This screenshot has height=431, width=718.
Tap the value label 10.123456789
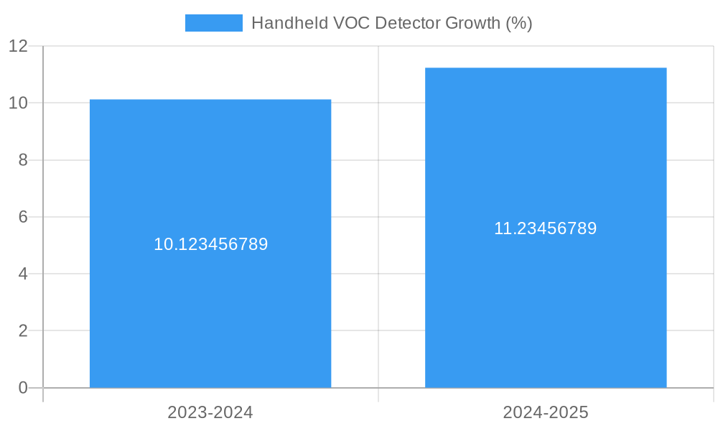pos(210,244)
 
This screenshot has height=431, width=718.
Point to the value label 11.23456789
pos(546,228)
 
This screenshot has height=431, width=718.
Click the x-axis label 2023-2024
pos(210,412)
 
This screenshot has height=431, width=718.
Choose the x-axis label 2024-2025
pos(546,412)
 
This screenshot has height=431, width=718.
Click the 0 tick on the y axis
pos(23,388)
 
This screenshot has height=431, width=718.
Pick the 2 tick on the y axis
pos(23,331)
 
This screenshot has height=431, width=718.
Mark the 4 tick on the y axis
pos(23,274)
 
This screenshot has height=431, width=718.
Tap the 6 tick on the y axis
pos(23,217)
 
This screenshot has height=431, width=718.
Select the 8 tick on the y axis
pos(23,160)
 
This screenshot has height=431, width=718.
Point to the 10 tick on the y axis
pos(19,103)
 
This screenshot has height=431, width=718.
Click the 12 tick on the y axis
pos(19,46)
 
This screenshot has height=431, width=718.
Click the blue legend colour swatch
pos(213,23)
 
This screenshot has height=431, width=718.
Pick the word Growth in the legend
pos(472,23)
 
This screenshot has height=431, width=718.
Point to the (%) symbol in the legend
pos(518,23)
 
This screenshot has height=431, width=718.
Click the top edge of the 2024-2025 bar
pos(546,68)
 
